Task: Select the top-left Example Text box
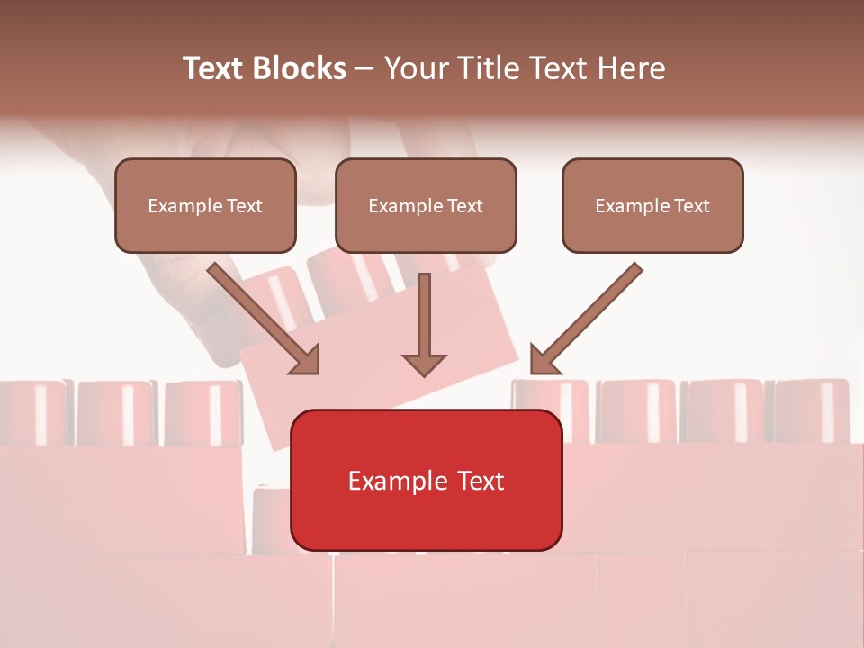205,205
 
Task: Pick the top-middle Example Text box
426,205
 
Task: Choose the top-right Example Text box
652,205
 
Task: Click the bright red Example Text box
426,480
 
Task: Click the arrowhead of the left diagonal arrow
306,360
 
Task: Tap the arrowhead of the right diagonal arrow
543,360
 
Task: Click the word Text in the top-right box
691,206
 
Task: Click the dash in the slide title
365,68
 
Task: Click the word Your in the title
413,68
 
